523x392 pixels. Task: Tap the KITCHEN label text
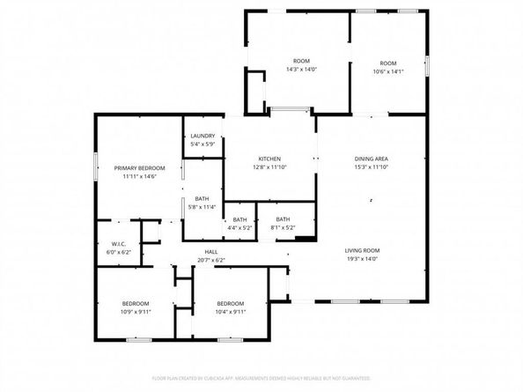coord(269,159)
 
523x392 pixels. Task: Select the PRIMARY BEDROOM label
coord(139,167)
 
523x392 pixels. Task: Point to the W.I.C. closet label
coord(120,244)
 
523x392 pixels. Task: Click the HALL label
coord(211,251)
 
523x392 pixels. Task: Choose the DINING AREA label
coord(371,159)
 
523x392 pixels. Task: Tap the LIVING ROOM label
coord(362,251)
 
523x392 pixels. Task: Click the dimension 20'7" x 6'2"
coord(211,260)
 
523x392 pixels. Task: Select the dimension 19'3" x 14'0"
coord(362,260)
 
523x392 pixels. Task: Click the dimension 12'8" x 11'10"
coord(269,166)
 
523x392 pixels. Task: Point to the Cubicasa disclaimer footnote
coord(261,377)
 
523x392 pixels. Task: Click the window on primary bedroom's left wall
coord(96,166)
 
